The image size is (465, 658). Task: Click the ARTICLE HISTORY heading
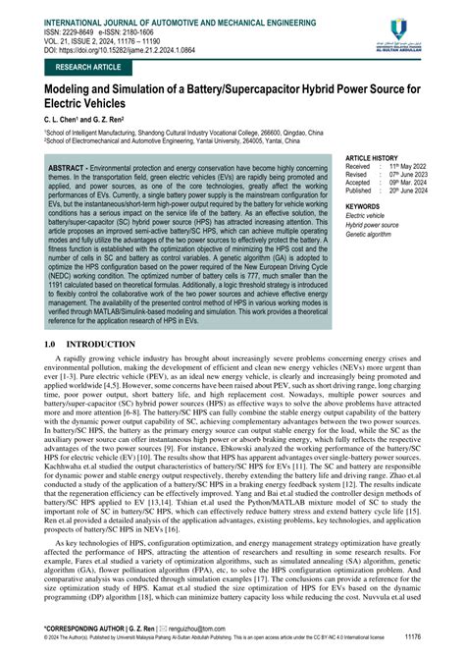378,157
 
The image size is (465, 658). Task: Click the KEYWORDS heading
366,207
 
